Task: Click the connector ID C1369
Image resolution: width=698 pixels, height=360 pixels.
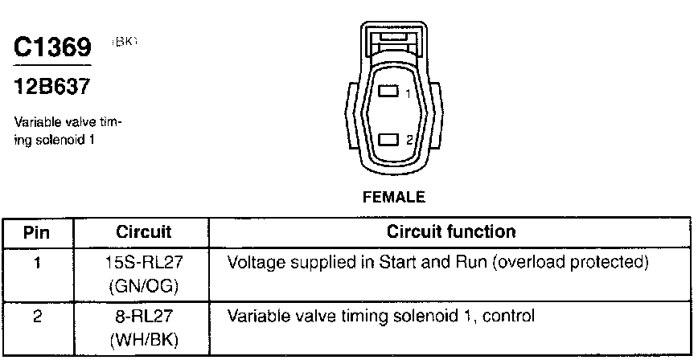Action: coord(53,47)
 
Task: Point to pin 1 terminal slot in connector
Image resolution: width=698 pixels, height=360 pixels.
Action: coord(388,92)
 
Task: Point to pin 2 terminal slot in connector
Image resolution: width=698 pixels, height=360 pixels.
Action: coord(388,140)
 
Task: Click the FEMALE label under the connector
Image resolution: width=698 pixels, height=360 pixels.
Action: coord(393,196)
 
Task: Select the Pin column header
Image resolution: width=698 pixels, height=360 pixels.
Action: coord(38,232)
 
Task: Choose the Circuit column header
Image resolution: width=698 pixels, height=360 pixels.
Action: coord(144,232)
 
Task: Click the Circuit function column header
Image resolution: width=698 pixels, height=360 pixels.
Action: coord(450,232)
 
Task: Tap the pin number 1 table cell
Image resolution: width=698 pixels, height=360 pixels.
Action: coord(38,263)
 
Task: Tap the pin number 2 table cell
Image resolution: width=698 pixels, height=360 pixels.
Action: coord(38,317)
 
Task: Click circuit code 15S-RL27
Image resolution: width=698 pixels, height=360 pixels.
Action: coord(144,263)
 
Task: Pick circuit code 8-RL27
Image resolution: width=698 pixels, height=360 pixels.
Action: coord(144,317)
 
